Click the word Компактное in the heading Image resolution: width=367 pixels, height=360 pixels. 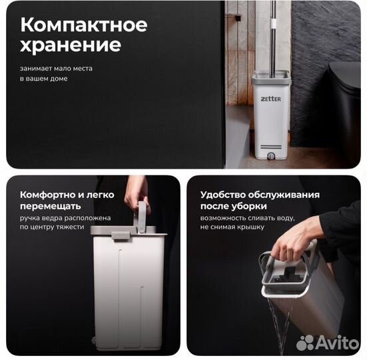84,25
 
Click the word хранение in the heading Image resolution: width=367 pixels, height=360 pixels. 71,45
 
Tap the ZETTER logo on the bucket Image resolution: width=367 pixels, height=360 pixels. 271,99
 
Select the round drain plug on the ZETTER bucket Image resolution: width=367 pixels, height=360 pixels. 271,156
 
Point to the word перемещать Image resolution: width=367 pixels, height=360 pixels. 51,207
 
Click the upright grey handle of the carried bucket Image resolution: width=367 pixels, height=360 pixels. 143,217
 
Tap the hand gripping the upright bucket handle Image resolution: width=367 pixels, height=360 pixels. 137,194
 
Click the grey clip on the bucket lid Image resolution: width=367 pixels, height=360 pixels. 121,235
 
